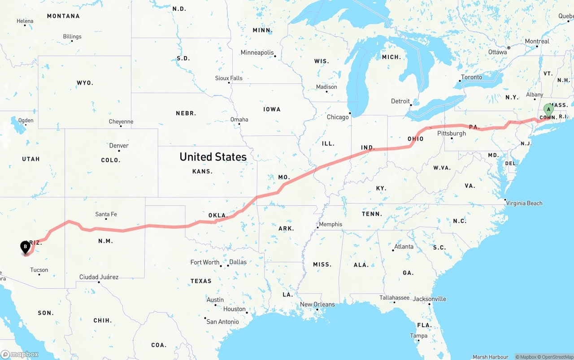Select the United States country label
[x=213, y=157]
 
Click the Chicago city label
[x=338, y=117]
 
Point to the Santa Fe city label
[x=106, y=214]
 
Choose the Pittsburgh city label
[x=452, y=134]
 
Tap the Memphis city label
[x=330, y=224]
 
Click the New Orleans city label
[x=317, y=304]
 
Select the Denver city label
[x=119, y=146]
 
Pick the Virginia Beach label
[x=524, y=203]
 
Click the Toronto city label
[x=472, y=77]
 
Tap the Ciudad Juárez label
[x=99, y=277]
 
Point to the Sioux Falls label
[x=229, y=78]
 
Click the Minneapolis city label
[x=257, y=52]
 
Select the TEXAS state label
[x=201, y=281]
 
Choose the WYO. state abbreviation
[x=85, y=83]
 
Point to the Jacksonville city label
[x=430, y=299]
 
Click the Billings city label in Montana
[x=72, y=37]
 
